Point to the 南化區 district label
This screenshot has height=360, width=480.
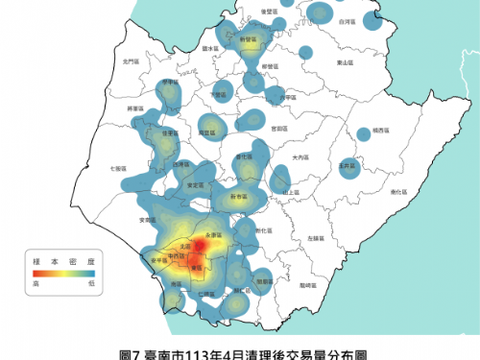pos(396,192)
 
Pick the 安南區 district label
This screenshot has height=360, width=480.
pos(148,221)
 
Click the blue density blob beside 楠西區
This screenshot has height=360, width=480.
pos(364,133)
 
